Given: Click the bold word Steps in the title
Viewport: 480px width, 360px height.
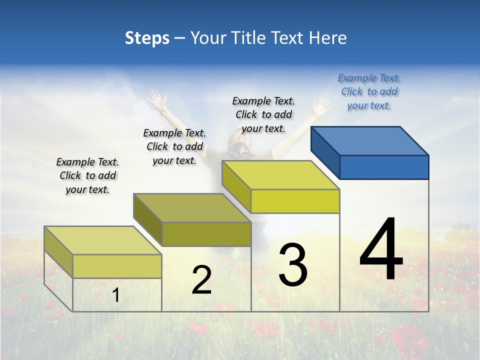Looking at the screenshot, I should pyautogui.click(x=147, y=38).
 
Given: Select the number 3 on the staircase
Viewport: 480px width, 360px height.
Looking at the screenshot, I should pyautogui.click(x=292, y=265).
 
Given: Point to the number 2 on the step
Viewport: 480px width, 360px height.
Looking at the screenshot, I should pyautogui.click(x=201, y=280).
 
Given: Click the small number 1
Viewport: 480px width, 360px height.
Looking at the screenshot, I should pyautogui.click(x=115, y=295).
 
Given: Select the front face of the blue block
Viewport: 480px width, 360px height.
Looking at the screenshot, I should pyautogui.click(x=384, y=167).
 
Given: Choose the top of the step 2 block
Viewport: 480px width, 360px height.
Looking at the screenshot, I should pyautogui.click(x=192, y=207).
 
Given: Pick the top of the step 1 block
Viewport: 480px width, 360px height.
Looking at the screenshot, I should pyautogui.click(x=103, y=240).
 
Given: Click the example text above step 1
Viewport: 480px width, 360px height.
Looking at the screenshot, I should pyautogui.click(x=87, y=175).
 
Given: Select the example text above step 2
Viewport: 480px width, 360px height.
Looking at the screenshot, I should pyautogui.click(x=174, y=146).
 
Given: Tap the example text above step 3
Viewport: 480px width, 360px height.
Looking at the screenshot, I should pyautogui.click(x=263, y=114).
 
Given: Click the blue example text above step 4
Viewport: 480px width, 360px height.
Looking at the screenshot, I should pyautogui.click(x=369, y=91).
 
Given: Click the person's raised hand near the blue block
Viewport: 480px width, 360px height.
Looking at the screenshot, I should pyautogui.click(x=320, y=106).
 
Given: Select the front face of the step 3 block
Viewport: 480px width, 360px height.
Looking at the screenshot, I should pyautogui.click(x=295, y=201).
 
